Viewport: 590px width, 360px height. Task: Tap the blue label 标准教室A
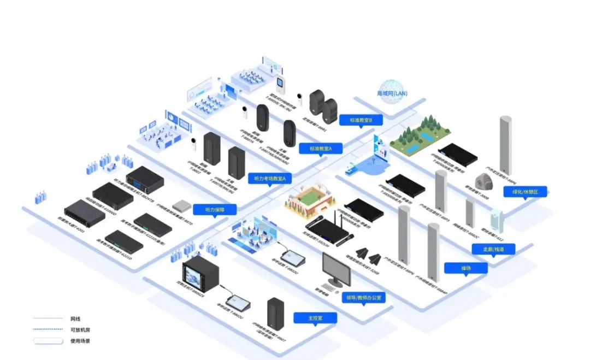coord(325,149)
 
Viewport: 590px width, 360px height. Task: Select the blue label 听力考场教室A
coord(270,178)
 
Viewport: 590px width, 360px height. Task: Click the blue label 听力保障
coord(213,209)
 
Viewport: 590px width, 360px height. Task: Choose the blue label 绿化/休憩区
coord(525,192)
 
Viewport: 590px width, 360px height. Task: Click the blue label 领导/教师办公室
coord(364,298)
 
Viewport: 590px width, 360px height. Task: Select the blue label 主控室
coord(315,317)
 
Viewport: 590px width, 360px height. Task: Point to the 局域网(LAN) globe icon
coord(392,92)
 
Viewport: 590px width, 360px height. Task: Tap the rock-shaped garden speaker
coord(483,181)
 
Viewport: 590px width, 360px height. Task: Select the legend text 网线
coord(75,318)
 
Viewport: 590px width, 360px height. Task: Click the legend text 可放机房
coord(79,329)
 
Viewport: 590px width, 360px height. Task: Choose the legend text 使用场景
coord(79,341)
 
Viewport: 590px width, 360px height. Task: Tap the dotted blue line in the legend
coord(48,329)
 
